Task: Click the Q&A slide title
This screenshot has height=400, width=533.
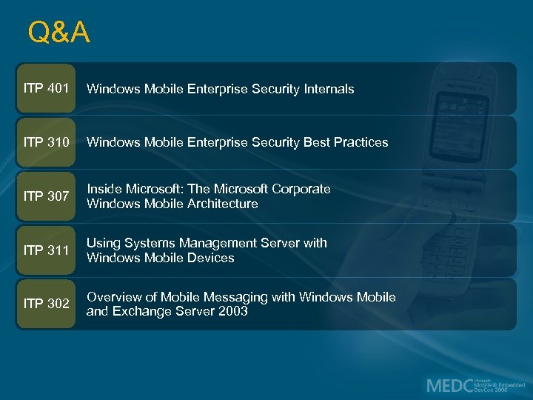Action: tap(58, 33)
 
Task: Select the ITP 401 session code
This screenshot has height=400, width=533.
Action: tap(47, 89)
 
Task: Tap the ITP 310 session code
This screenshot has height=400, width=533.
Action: tap(47, 142)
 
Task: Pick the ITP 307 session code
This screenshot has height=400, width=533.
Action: tap(47, 196)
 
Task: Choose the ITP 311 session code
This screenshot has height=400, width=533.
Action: tap(47, 250)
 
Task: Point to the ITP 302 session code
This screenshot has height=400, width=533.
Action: tap(47, 304)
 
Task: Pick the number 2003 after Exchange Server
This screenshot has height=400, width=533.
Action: tap(232, 312)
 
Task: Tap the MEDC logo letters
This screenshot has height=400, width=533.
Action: tap(447, 385)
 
